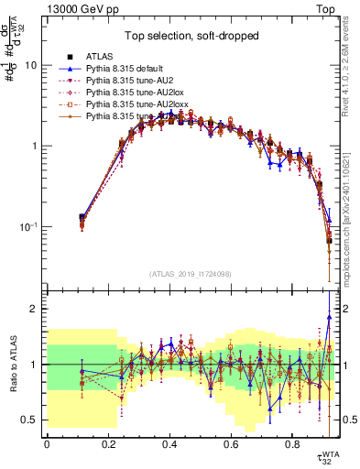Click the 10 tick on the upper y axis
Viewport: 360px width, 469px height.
tap(30, 66)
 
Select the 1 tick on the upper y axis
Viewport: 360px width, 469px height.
tap(33, 147)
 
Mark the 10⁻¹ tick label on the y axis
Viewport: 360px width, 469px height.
tap(28, 227)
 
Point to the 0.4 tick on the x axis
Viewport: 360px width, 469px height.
tap(169, 445)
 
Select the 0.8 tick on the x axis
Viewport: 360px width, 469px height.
tap(292, 445)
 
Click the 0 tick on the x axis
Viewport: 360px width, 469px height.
tap(47, 445)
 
